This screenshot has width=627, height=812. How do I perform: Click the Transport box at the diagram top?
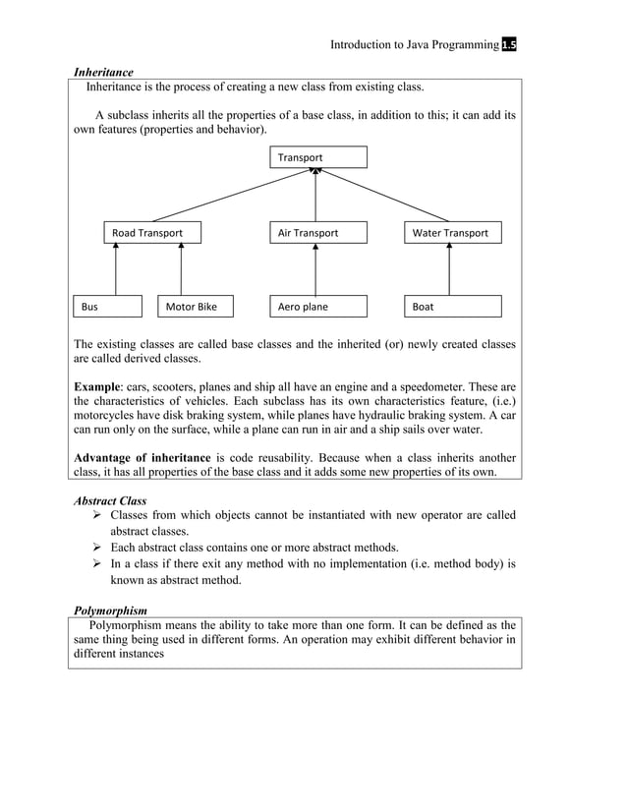(x=317, y=157)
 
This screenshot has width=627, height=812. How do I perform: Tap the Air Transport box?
(x=317, y=233)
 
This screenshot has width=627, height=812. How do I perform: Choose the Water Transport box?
(x=452, y=233)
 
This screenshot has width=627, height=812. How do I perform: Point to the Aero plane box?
(x=317, y=307)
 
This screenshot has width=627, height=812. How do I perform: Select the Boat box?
(x=452, y=307)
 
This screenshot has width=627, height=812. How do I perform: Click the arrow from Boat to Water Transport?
(x=449, y=269)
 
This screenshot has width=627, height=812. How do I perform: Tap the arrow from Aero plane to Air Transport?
(x=315, y=269)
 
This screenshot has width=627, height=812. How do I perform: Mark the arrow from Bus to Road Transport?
(x=116, y=269)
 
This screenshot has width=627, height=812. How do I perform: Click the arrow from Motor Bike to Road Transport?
(x=181, y=269)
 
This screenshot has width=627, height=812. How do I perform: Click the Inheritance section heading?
(x=103, y=72)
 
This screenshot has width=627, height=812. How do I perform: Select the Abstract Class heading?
(x=110, y=500)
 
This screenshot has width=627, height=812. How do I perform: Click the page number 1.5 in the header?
(x=509, y=45)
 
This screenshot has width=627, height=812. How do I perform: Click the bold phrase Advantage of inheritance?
(x=142, y=457)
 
